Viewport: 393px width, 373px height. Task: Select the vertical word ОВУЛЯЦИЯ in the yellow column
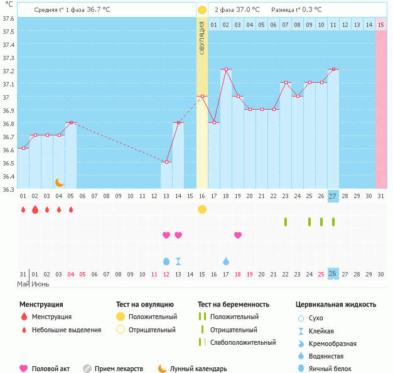click(x=202, y=38)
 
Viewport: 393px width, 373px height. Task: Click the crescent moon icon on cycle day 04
click(x=59, y=182)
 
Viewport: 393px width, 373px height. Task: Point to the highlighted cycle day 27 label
click(x=333, y=196)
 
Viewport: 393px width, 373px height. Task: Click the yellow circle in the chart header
click(x=202, y=10)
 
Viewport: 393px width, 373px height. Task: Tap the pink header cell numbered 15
click(x=380, y=24)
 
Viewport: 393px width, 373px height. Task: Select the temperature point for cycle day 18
click(x=226, y=69)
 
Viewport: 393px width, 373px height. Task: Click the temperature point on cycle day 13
click(x=166, y=162)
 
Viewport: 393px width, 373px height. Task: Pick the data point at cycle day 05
click(x=71, y=122)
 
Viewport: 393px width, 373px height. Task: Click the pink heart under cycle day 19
click(x=238, y=235)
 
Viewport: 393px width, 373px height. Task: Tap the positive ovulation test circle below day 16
click(x=202, y=209)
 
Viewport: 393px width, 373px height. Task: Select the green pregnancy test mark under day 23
click(x=286, y=222)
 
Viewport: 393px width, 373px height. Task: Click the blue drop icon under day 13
click(x=166, y=261)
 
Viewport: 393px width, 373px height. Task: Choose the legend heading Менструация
click(x=41, y=305)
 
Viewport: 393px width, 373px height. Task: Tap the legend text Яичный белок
click(x=330, y=369)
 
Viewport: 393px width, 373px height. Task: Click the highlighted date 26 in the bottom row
click(x=333, y=274)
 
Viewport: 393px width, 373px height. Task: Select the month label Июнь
click(x=41, y=285)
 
